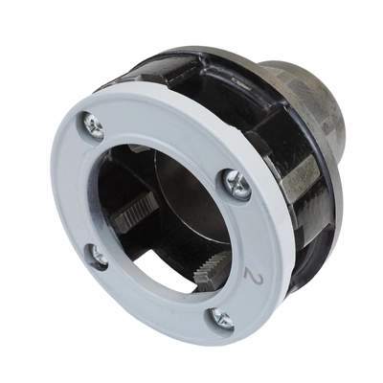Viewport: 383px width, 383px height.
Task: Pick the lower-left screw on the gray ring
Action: click(x=97, y=254)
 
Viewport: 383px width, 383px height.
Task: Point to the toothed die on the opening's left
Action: click(x=132, y=216)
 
